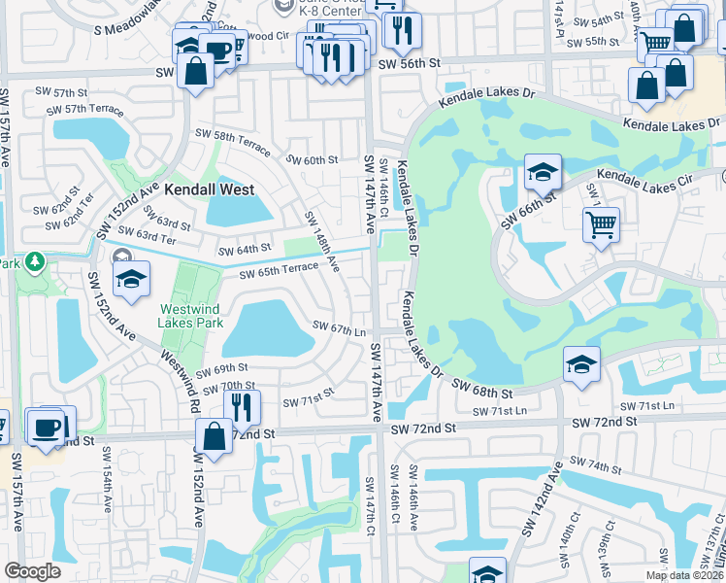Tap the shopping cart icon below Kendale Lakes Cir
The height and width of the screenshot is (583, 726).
pyautogui.click(x=601, y=224)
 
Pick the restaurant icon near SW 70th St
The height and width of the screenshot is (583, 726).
pyautogui.click(x=242, y=407)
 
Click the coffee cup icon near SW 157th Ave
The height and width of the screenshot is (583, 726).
pyautogui.click(x=47, y=427)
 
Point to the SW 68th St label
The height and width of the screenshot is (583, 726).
pyautogui.click(x=481, y=392)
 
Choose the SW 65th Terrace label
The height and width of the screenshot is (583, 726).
pyautogui.click(x=279, y=270)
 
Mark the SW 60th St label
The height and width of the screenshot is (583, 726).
pyautogui.click(x=311, y=159)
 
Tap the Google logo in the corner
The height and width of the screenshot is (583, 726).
pyautogui.click(x=32, y=571)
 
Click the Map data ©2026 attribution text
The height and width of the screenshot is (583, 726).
pyautogui.click(x=684, y=575)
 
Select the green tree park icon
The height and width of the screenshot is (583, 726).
pyautogui.click(x=35, y=261)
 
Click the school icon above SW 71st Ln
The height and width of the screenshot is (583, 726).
pyautogui.click(x=580, y=364)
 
